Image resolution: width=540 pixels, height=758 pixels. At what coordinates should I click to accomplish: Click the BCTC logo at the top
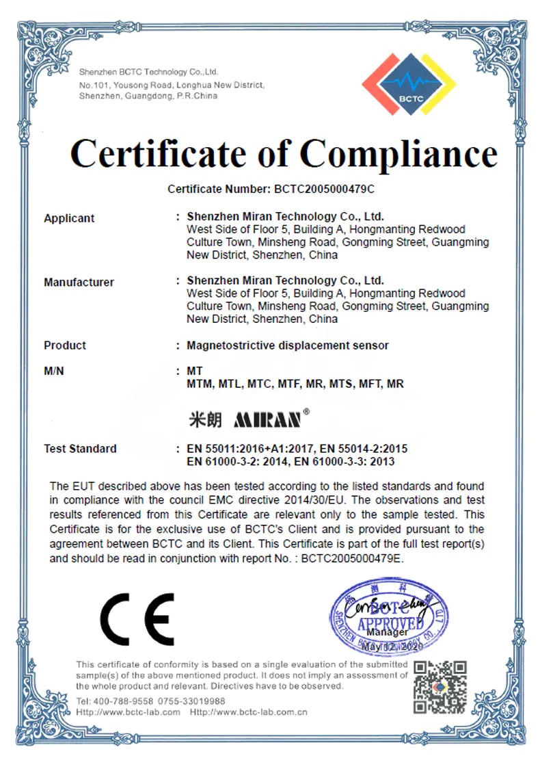408,84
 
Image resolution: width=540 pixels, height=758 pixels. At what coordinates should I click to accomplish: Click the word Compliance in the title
399,153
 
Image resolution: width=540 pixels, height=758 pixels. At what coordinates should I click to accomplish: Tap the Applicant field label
69,218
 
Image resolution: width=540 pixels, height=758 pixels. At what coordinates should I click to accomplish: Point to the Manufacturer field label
79,282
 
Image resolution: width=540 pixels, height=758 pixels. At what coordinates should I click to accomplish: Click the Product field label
65,345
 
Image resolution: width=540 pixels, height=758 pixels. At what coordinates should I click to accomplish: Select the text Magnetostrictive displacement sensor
287,345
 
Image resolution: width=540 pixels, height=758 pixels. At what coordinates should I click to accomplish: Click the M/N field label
54,371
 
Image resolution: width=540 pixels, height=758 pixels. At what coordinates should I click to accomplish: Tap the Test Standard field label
80,449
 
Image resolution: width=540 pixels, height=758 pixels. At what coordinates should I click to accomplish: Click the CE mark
137,618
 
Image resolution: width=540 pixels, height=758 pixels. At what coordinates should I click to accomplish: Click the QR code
441,685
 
